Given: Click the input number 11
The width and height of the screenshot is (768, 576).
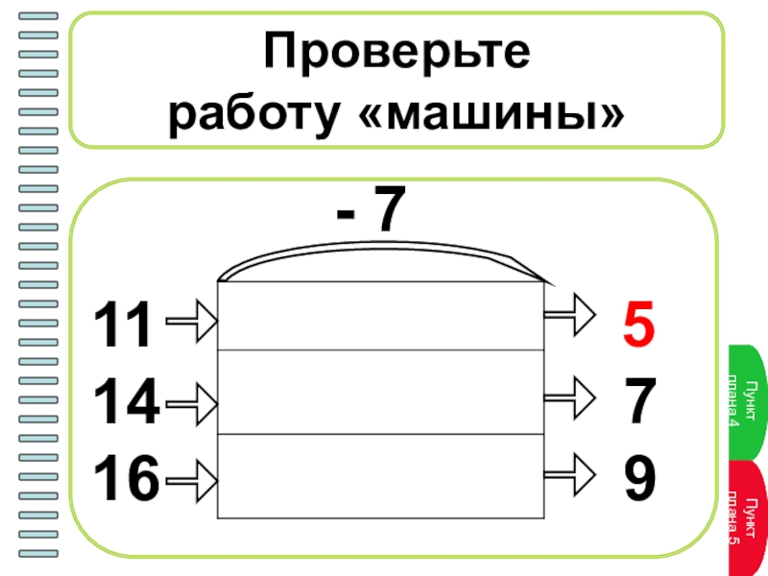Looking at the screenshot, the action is click(122, 325).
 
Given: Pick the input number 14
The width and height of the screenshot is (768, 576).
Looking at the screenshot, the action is click(125, 403).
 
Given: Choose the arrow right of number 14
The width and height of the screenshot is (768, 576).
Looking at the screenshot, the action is click(192, 401).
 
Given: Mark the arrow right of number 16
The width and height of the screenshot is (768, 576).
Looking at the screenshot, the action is click(192, 477).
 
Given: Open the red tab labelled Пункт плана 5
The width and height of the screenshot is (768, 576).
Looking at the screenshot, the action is click(747, 518).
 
